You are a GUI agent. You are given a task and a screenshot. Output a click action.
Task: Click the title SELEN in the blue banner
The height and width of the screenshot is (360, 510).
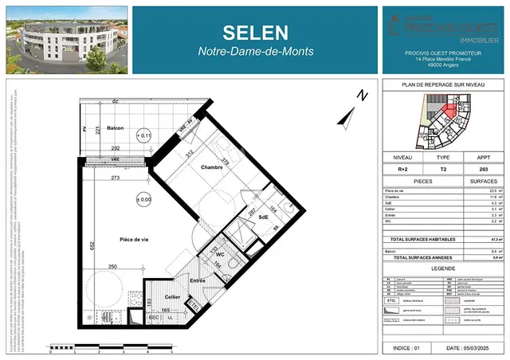(x=255, y=33)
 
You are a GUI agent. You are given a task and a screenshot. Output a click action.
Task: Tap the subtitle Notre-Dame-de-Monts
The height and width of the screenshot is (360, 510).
(x=255, y=52)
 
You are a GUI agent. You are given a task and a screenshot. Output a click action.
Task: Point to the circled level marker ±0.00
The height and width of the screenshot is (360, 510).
(x=143, y=199)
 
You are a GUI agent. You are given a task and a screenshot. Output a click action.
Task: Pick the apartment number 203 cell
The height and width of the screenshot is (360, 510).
(x=481, y=170)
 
